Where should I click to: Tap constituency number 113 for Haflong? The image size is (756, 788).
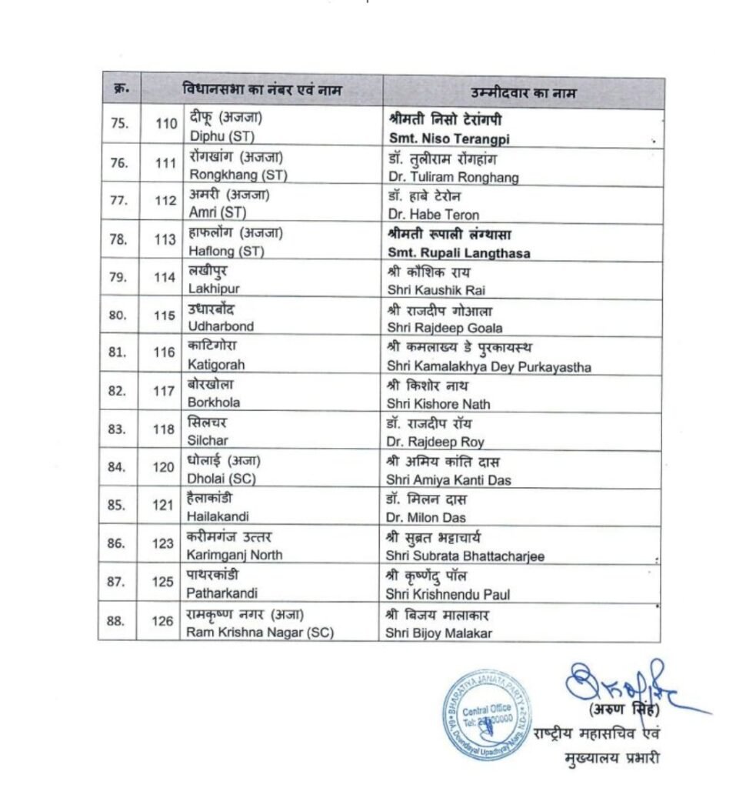click(x=165, y=239)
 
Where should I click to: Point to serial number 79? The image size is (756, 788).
click(x=118, y=277)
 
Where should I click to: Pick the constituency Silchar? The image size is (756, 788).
click(x=208, y=442)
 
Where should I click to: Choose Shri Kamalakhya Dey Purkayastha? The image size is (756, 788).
click(x=488, y=368)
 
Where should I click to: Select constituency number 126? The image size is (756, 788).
click(x=162, y=621)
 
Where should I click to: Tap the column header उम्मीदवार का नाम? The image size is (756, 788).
click(x=523, y=92)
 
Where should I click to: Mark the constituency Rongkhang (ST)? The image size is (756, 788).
click(x=237, y=175)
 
